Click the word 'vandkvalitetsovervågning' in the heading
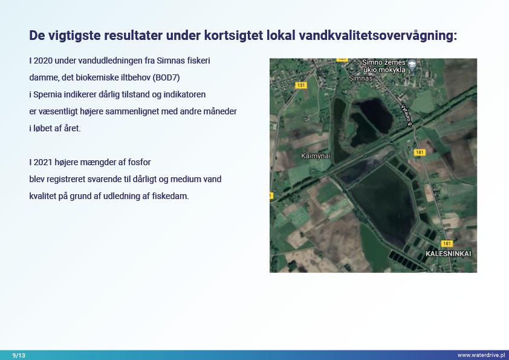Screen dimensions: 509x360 pyautogui.click(x=378, y=36)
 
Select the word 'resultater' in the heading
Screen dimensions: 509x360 pyautogui.click(x=133, y=35)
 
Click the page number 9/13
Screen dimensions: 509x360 pyautogui.click(x=19, y=355)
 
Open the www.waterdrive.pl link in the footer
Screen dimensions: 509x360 pyautogui.click(x=481, y=355)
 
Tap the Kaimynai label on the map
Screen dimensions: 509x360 pyautogui.click(x=316, y=156)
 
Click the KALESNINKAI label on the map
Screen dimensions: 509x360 pyautogui.click(x=449, y=254)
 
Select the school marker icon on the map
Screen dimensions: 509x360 pyautogui.click(x=412, y=64)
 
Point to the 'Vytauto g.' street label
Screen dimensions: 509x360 pyautogui.click(x=407, y=116)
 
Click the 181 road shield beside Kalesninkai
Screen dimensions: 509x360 pyautogui.click(x=447, y=244)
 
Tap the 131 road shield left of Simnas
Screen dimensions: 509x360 pyautogui.click(x=301, y=85)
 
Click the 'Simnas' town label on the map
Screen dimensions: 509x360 pyautogui.click(x=361, y=78)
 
